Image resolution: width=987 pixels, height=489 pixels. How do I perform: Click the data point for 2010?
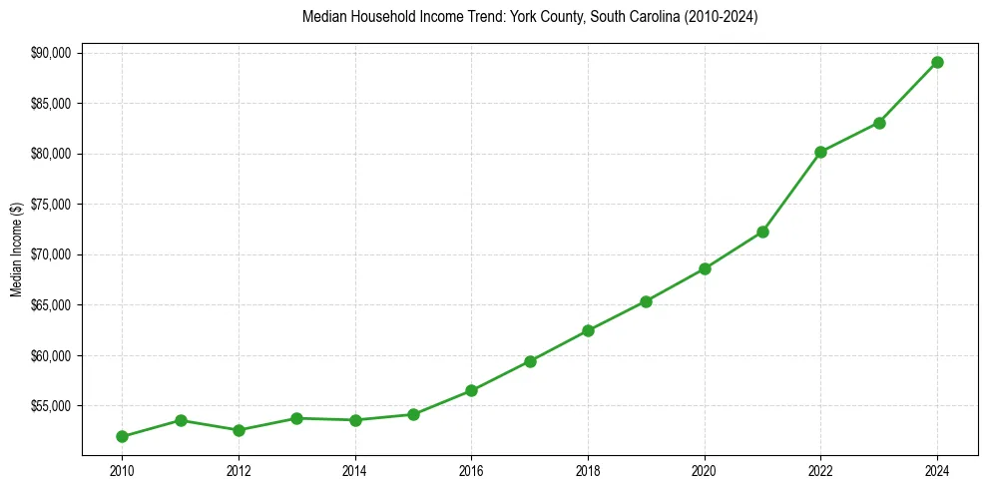point(122,436)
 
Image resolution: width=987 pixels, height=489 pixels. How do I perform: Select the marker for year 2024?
point(937,62)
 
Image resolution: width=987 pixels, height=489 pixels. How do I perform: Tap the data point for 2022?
point(820,152)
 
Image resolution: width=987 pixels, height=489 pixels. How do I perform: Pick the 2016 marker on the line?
point(471,390)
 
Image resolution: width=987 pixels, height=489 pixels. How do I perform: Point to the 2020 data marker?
point(705,268)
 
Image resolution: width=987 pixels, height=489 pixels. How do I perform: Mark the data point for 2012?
point(239,430)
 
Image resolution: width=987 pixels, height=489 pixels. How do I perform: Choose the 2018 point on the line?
point(588,330)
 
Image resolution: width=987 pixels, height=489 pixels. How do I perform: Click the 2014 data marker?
point(355,420)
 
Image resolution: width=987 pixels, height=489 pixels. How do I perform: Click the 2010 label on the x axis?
point(122,470)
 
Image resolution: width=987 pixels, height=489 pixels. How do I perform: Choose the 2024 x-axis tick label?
point(937,470)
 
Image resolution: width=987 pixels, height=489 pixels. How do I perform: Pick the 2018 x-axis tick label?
point(588,470)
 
